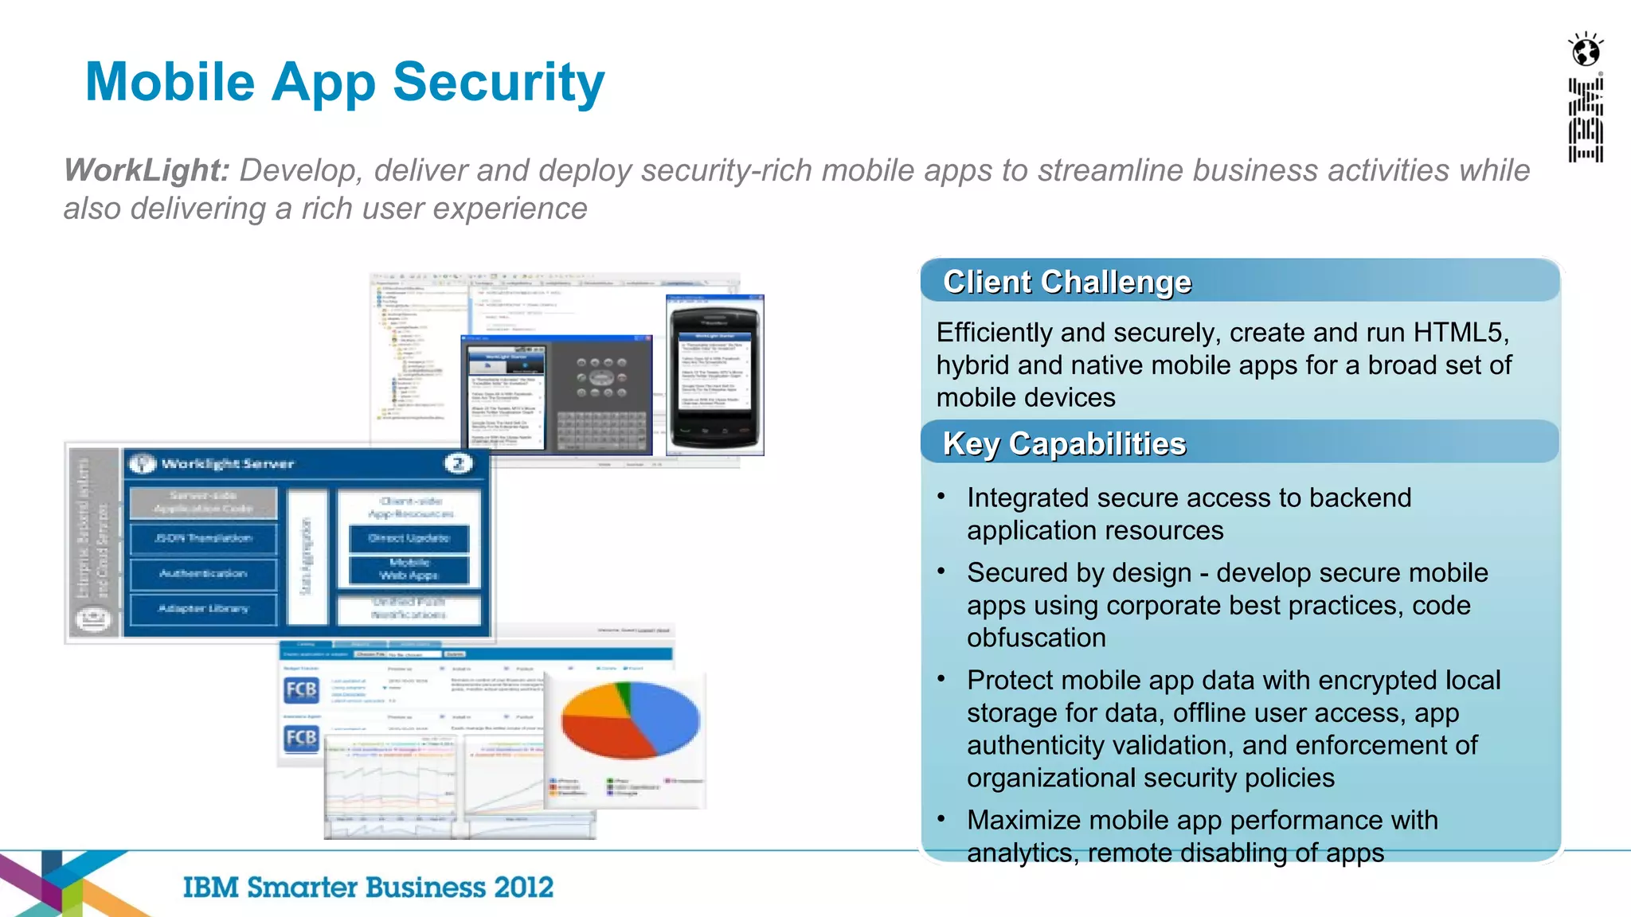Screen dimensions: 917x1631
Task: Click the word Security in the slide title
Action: [x=499, y=83]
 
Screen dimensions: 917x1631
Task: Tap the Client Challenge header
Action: [x=1066, y=282]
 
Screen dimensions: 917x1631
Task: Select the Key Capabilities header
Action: [x=1064, y=444]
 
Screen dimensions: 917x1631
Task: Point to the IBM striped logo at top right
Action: [x=1585, y=119]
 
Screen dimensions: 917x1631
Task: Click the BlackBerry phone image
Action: [x=714, y=374]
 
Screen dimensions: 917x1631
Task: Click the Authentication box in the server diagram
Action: [x=203, y=574]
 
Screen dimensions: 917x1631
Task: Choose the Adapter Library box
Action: [x=203, y=609]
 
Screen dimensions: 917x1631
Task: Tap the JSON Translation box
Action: [x=203, y=539]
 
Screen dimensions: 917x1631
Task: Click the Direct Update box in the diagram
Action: [x=409, y=539]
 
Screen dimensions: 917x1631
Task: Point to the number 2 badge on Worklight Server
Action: [x=458, y=463]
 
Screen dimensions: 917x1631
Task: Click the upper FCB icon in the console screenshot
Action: [x=301, y=689]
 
